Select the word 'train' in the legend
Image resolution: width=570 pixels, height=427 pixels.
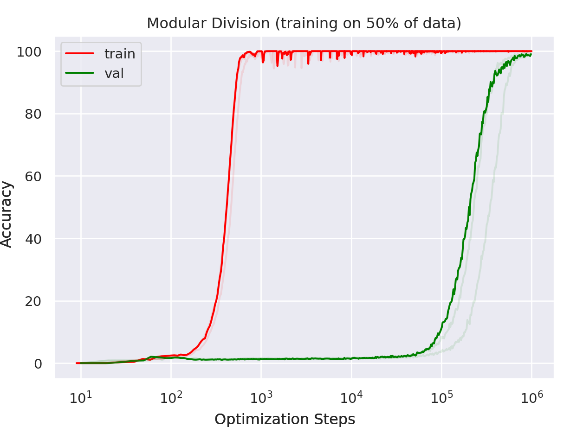120,54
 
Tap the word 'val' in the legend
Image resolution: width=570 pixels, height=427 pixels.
114,73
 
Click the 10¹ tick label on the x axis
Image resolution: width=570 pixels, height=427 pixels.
81,397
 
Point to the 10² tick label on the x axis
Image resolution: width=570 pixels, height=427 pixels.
171,397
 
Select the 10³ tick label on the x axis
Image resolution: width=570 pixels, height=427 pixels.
261,397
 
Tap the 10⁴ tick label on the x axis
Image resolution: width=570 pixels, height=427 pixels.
351,397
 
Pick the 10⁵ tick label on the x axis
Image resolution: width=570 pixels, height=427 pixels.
442,397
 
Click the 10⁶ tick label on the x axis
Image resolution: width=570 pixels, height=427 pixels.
532,397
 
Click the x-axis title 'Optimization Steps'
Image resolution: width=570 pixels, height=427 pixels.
285,419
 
